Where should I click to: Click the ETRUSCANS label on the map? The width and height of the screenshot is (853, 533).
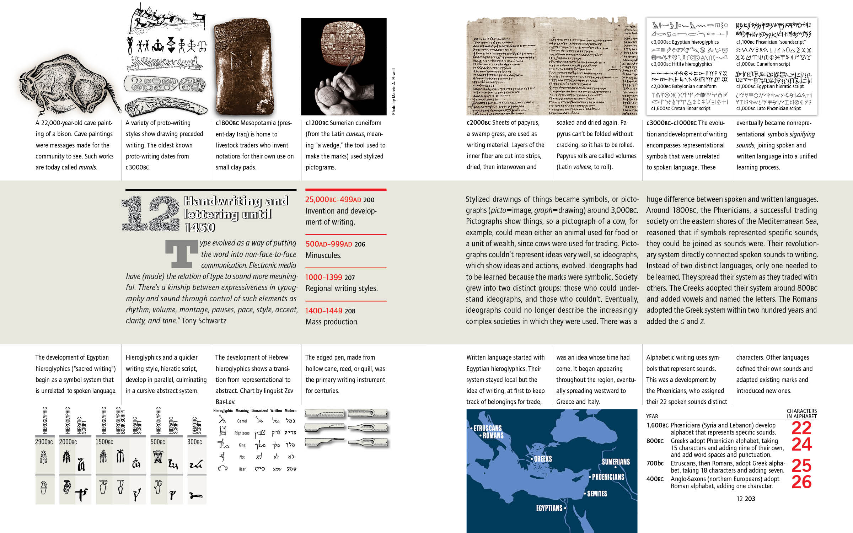click(487, 428)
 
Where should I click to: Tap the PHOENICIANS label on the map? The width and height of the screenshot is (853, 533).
click(608, 477)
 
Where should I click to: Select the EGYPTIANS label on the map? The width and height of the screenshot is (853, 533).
click(549, 508)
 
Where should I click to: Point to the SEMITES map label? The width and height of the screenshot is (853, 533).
click(597, 494)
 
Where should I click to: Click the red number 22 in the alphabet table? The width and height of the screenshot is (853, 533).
click(801, 428)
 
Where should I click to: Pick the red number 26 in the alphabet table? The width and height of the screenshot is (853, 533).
click(801, 482)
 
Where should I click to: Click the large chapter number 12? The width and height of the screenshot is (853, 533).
click(151, 213)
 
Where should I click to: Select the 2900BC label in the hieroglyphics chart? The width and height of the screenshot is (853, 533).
click(44, 442)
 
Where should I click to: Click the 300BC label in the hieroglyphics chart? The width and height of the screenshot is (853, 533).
click(194, 442)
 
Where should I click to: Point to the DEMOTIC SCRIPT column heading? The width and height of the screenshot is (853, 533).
click(197, 425)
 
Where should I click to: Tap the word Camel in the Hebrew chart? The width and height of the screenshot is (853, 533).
click(242, 421)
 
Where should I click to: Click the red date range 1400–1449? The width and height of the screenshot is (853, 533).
click(323, 311)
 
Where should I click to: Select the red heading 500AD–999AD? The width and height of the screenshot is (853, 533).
click(329, 244)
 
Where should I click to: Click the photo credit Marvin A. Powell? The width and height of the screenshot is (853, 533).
click(393, 91)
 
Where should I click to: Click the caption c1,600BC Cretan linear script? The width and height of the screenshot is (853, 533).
click(680, 109)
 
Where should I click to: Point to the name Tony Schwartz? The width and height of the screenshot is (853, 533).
click(204, 321)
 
